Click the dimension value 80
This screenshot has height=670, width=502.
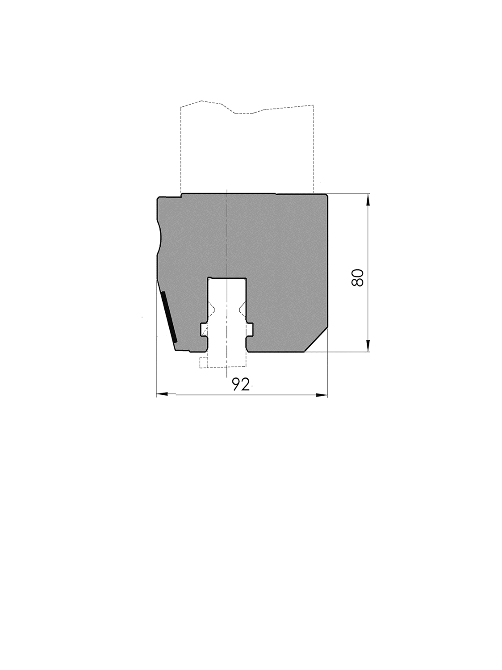click(x=358, y=277)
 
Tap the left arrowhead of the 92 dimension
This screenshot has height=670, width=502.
click(x=162, y=395)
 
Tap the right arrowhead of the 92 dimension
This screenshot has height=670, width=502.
click(x=322, y=395)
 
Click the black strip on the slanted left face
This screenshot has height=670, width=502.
click(x=169, y=317)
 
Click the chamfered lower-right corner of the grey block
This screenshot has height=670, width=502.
click(x=317, y=340)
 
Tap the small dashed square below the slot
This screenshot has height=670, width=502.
click(x=203, y=363)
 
